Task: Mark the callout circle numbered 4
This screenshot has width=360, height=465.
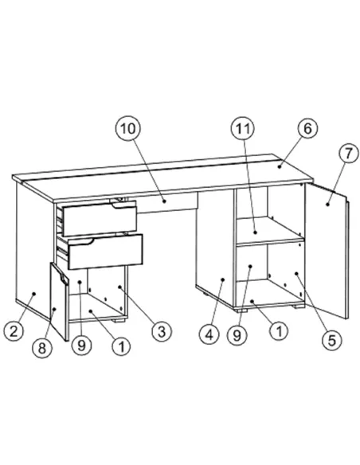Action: point(209,334)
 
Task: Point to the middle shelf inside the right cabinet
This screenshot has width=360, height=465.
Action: point(271,237)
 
